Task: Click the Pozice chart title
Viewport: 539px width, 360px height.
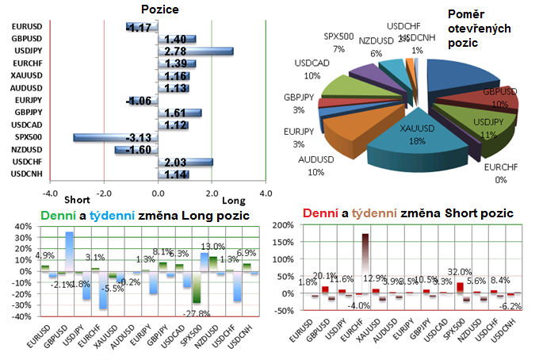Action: click(159, 10)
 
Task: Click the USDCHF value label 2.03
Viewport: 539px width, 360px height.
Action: click(177, 162)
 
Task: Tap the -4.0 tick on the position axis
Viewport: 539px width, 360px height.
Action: click(51, 193)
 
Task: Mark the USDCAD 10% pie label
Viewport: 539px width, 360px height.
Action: click(307, 68)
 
